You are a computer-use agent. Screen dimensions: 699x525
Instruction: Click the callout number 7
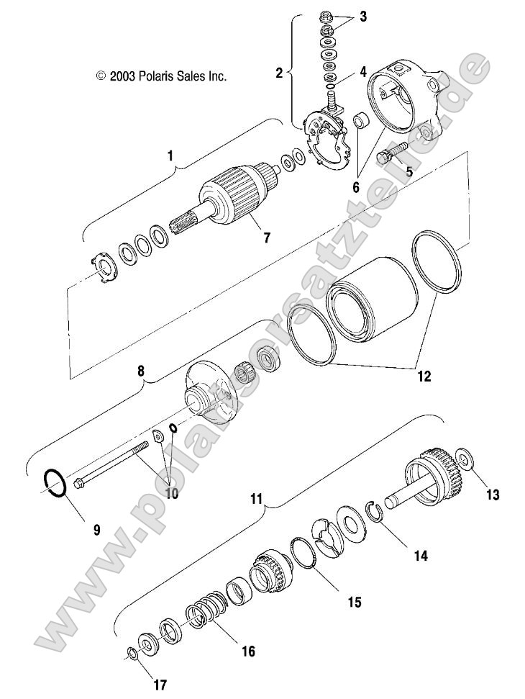(267, 238)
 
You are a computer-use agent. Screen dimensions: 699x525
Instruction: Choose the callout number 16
(247, 651)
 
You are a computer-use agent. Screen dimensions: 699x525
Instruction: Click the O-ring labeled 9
(55, 482)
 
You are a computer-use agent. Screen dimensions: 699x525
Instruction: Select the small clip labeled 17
(132, 653)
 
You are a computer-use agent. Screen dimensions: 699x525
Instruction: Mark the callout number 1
(171, 155)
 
